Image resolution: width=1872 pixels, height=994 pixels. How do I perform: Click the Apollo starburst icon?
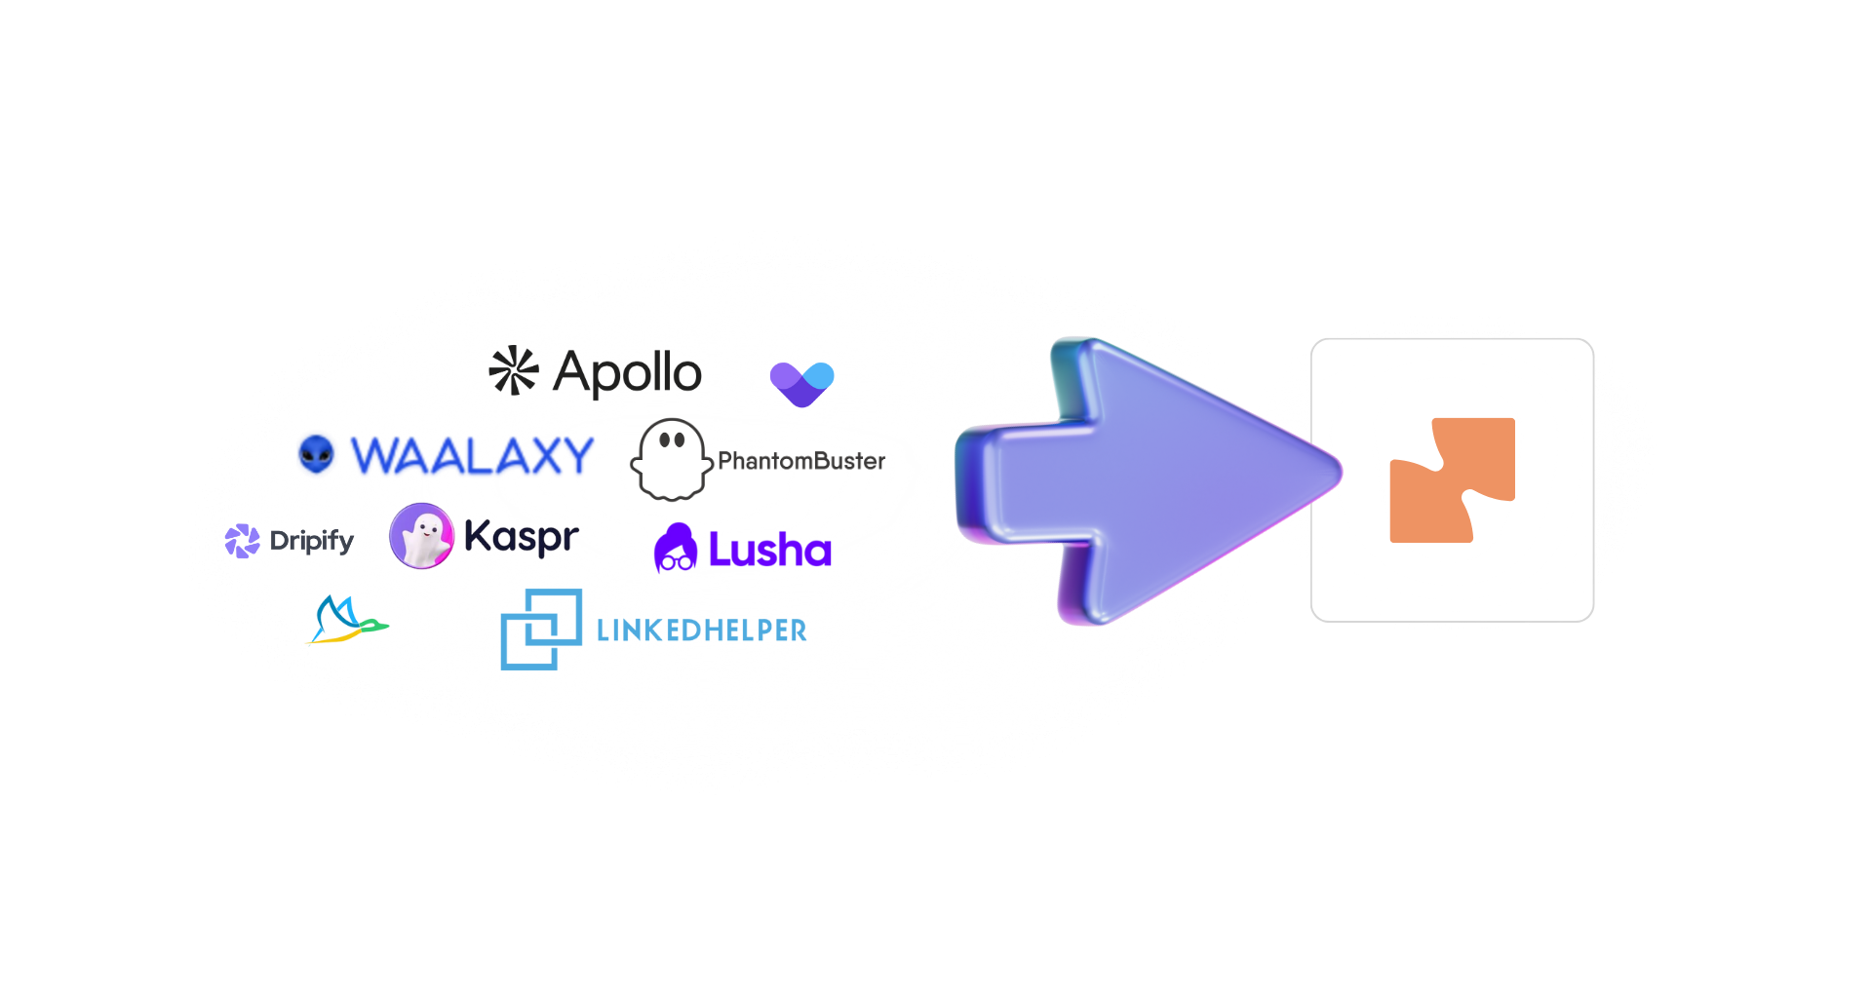click(x=513, y=370)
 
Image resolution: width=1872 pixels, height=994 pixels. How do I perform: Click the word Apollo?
click(x=628, y=373)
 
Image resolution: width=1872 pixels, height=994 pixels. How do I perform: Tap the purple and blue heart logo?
click(x=801, y=383)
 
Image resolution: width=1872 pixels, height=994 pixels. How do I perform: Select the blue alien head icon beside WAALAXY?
click(x=316, y=454)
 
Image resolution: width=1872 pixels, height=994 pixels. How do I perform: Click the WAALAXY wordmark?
click(x=472, y=456)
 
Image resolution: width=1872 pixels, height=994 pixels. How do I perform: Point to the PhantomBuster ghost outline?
click(x=671, y=461)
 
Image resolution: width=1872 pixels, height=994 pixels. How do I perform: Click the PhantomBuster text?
click(x=801, y=461)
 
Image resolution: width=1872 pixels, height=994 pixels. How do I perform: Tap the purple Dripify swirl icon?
click(x=242, y=541)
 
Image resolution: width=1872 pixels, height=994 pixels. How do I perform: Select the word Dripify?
click(x=312, y=541)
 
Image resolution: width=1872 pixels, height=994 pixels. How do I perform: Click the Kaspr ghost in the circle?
click(x=421, y=535)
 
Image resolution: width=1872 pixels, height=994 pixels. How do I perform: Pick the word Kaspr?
click(x=521, y=537)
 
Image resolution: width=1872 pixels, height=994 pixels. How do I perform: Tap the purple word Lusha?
click(x=769, y=551)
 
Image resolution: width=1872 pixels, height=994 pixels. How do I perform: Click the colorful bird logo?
click(x=346, y=620)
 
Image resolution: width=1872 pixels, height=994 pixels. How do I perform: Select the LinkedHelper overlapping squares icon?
click(x=540, y=629)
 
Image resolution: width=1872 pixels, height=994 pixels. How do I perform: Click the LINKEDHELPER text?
click(x=701, y=631)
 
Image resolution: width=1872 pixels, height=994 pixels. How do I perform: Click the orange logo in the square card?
click(x=1452, y=480)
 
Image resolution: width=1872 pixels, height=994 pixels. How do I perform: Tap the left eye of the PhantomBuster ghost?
click(x=664, y=440)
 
